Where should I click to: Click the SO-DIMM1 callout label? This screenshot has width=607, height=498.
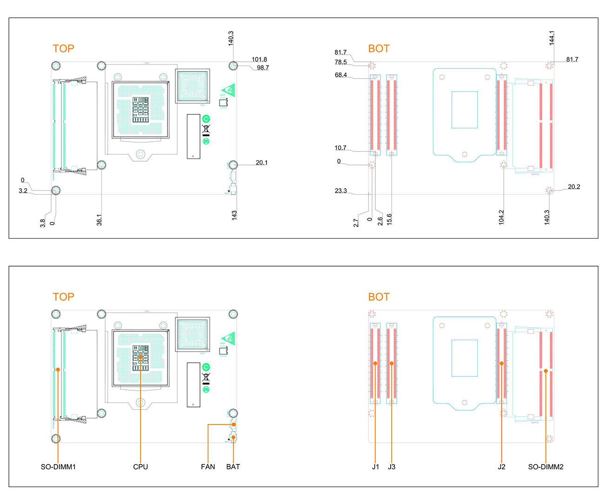(58, 466)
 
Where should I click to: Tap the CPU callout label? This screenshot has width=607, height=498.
(140, 466)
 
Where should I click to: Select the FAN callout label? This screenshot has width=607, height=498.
(208, 466)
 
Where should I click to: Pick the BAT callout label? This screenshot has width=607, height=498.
(233, 466)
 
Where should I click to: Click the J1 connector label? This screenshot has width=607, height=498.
(375, 466)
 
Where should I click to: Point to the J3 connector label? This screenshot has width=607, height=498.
(392, 466)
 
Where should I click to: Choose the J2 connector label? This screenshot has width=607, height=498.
(501, 466)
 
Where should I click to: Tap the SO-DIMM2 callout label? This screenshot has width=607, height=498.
(546, 466)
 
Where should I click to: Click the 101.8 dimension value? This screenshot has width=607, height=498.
(259, 59)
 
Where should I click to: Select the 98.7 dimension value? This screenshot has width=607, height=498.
(263, 68)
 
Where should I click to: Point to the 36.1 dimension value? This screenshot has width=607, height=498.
(99, 220)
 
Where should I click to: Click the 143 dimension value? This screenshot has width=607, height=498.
(234, 215)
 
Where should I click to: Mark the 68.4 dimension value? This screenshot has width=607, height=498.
(341, 75)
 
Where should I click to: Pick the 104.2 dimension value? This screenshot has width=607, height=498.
(501, 217)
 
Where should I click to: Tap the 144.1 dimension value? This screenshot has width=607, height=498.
(552, 38)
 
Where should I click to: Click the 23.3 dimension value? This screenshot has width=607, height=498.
(341, 190)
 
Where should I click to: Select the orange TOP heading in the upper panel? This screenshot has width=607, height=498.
(63, 49)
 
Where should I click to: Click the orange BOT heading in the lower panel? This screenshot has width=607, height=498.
(379, 297)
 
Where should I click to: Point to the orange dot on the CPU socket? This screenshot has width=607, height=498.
(140, 357)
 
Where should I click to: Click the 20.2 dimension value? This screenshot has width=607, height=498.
(574, 187)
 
